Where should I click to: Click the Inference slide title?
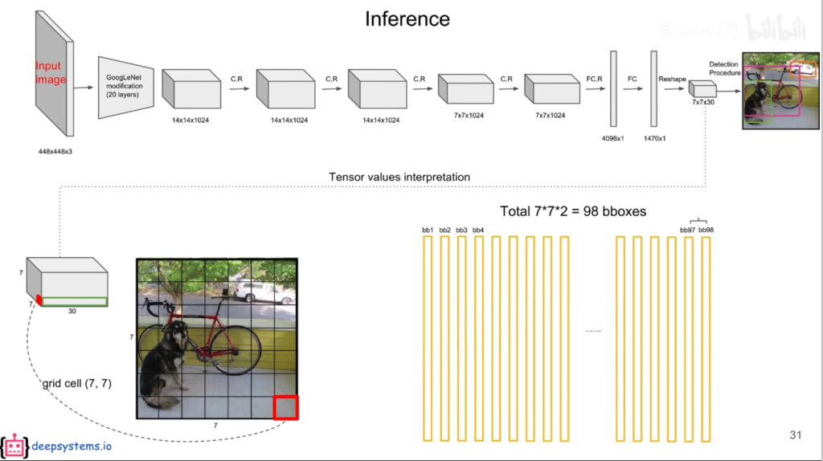click(x=407, y=18)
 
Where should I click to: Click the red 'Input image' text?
click(x=51, y=73)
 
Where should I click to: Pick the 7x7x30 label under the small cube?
click(x=702, y=102)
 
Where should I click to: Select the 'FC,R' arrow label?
click(x=596, y=80)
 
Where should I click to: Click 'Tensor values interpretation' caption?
click(x=399, y=177)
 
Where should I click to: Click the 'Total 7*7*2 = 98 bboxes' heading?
click(x=573, y=211)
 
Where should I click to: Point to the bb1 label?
click(x=428, y=230)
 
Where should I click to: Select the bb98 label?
click(x=706, y=230)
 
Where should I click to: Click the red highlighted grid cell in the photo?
click(x=285, y=407)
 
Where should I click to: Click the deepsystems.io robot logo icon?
click(x=13, y=447)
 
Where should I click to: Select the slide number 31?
click(x=796, y=434)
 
